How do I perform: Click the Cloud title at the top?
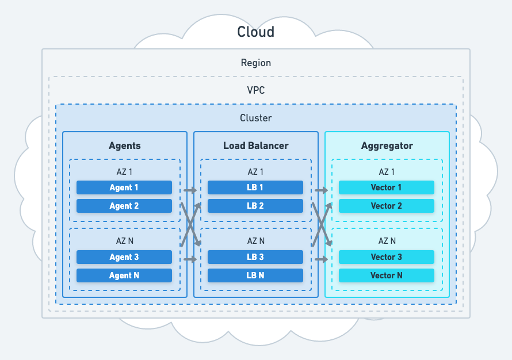(255, 32)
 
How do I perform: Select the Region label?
(255, 63)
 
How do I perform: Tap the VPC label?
(255, 90)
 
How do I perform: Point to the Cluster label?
(255, 118)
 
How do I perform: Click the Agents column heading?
(124, 145)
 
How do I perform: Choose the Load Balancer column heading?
(255, 145)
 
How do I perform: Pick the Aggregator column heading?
(387, 145)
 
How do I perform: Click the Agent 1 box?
(124, 187)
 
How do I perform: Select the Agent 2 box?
(124, 206)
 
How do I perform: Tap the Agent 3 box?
(124, 257)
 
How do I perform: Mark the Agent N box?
(124, 275)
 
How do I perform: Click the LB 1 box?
(255, 187)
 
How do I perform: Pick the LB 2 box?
(255, 206)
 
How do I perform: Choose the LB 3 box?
(255, 257)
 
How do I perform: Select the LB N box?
(255, 275)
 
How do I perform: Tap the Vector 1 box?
(387, 187)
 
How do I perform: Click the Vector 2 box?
(387, 206)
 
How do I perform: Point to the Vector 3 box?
(387, 257)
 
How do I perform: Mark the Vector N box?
(387, 275)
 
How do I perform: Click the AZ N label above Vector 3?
(387, 241)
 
